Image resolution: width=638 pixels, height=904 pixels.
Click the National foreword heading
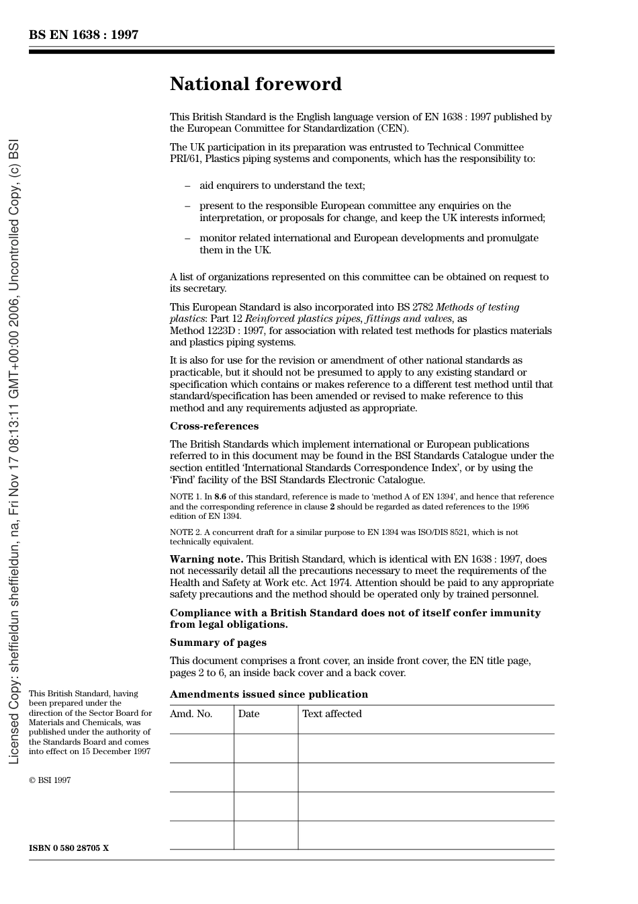(x=255, y=84)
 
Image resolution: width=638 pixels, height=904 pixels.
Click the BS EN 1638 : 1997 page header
(x=83, y=35)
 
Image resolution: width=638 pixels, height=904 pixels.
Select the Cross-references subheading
(x=214, y=426)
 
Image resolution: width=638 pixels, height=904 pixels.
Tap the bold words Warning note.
(x=206, y=559)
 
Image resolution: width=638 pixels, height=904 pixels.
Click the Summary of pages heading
(x=218, y=643)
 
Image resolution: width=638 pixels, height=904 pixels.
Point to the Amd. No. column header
(x=191, y=714)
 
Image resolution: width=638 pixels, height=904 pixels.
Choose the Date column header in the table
(x=248, y=714)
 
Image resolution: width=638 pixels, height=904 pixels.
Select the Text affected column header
(x=332, y=714)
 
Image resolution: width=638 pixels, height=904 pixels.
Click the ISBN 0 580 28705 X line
(x=69, y=848)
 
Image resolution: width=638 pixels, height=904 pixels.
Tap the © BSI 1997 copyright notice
(x=50, y=780)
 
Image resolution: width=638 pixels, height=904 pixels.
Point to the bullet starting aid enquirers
(x=282, y=186)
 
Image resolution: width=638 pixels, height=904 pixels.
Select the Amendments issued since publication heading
(x=269, y=694)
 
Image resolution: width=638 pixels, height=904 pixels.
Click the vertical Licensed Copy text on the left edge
(x=13, y=452)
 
